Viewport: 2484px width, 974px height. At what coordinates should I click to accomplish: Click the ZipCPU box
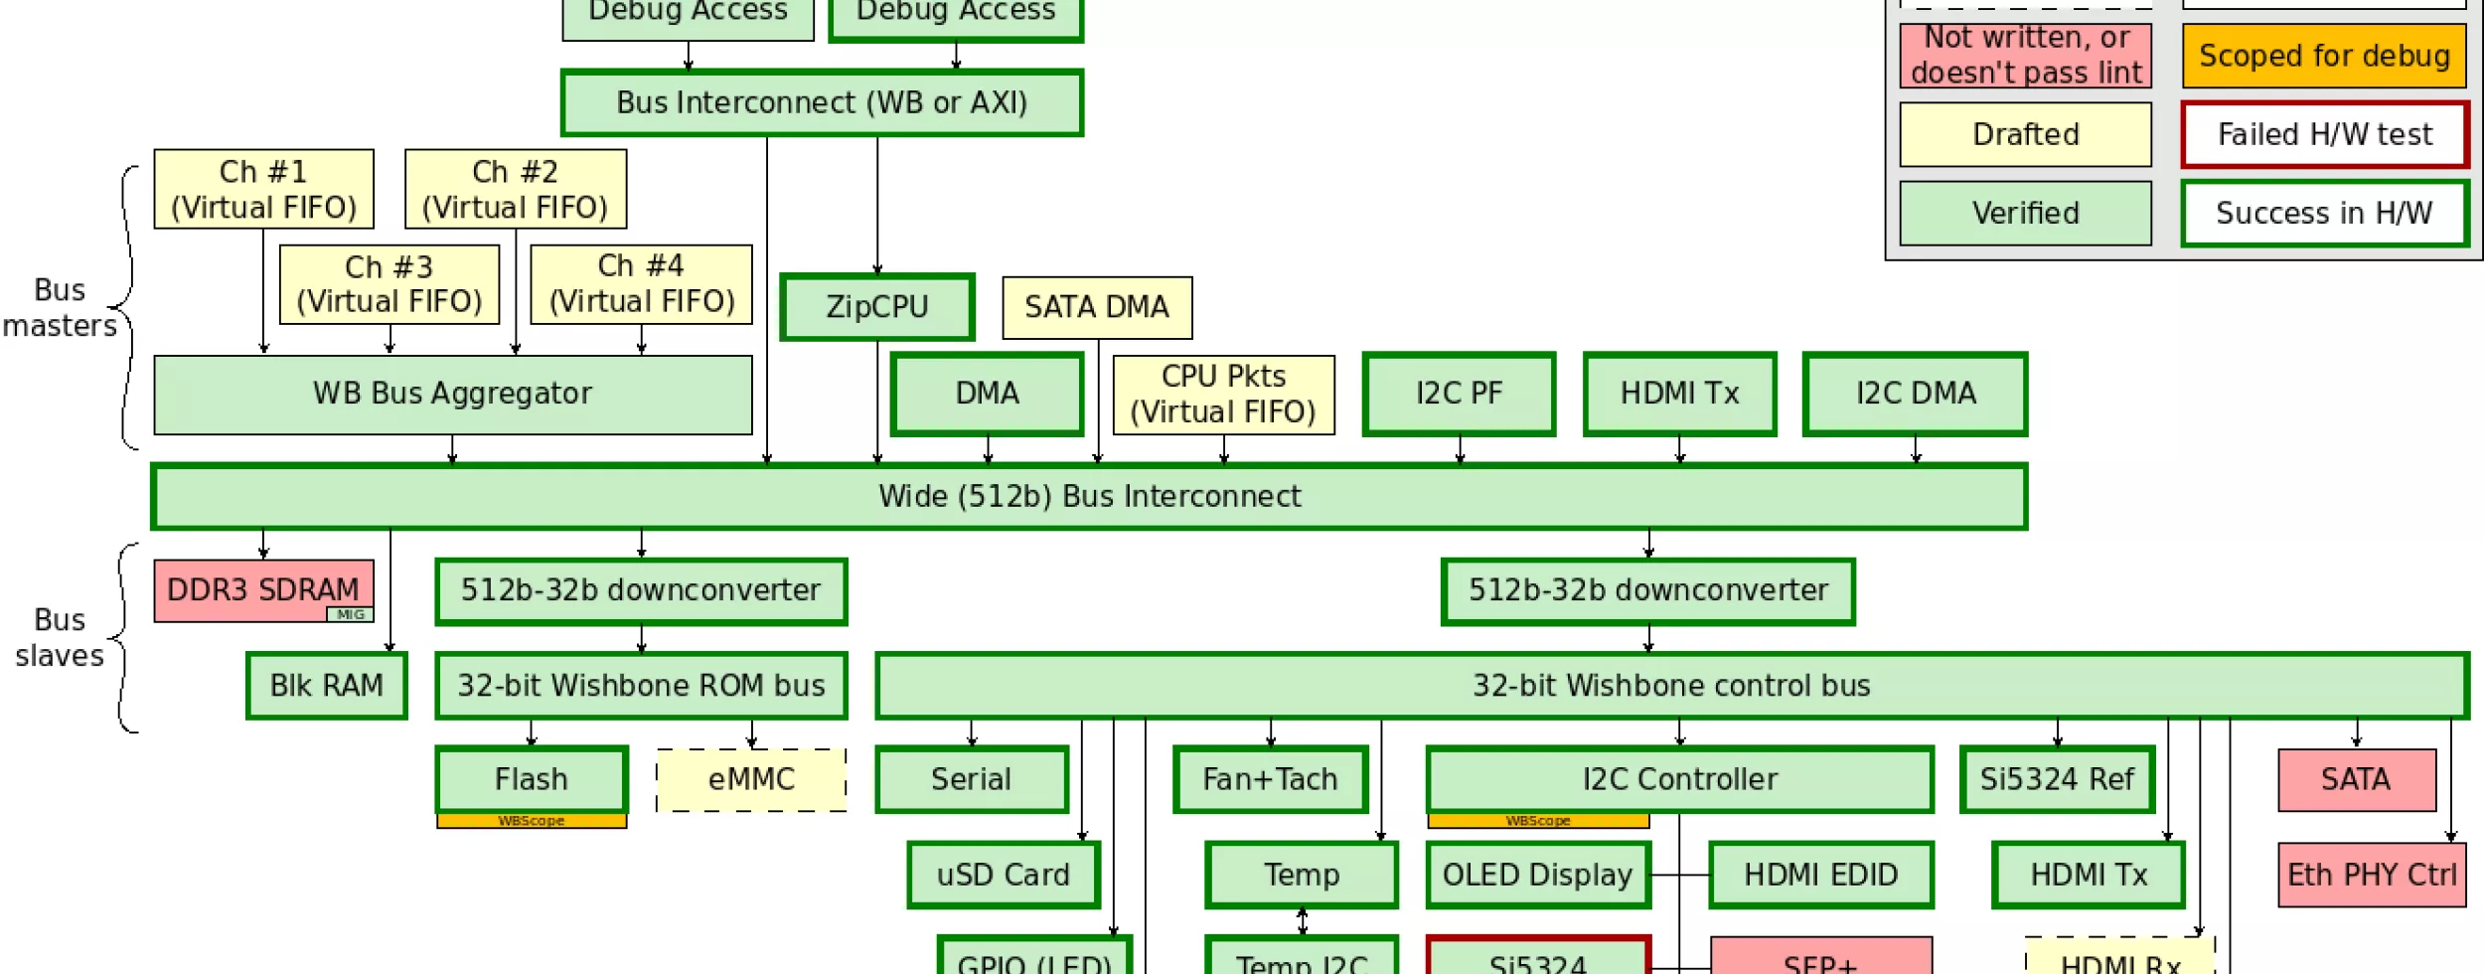876,307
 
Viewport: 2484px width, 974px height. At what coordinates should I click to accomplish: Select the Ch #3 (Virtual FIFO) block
389,284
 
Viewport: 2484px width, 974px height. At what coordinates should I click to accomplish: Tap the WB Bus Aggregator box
453,395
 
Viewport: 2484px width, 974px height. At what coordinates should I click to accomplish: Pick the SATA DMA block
1097,307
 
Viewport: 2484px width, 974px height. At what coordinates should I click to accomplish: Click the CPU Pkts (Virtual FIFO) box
1223,395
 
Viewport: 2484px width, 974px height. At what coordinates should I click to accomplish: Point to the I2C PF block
1459,395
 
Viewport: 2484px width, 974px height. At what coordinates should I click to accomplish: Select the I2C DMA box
1915,395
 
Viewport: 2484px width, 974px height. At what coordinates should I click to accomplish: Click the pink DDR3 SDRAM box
262,589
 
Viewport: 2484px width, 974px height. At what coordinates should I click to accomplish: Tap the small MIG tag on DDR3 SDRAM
350,614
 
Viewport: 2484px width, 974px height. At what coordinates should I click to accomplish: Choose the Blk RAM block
327,686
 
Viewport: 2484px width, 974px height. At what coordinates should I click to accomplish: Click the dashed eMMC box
751,780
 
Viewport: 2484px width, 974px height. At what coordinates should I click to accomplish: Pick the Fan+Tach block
1270,780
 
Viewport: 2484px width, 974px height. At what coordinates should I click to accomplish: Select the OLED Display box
1537,876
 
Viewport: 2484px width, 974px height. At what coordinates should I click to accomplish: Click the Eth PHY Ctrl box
2372,876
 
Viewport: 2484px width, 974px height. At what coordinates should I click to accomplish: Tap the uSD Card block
1004,876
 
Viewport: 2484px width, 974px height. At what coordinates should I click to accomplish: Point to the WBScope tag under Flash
532,821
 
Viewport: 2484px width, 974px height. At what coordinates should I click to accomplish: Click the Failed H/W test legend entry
2324,135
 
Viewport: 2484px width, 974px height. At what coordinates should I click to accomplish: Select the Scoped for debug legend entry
2324,57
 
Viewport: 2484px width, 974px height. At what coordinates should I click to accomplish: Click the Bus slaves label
60,638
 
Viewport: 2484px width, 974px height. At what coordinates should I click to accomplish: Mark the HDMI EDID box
1820,876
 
